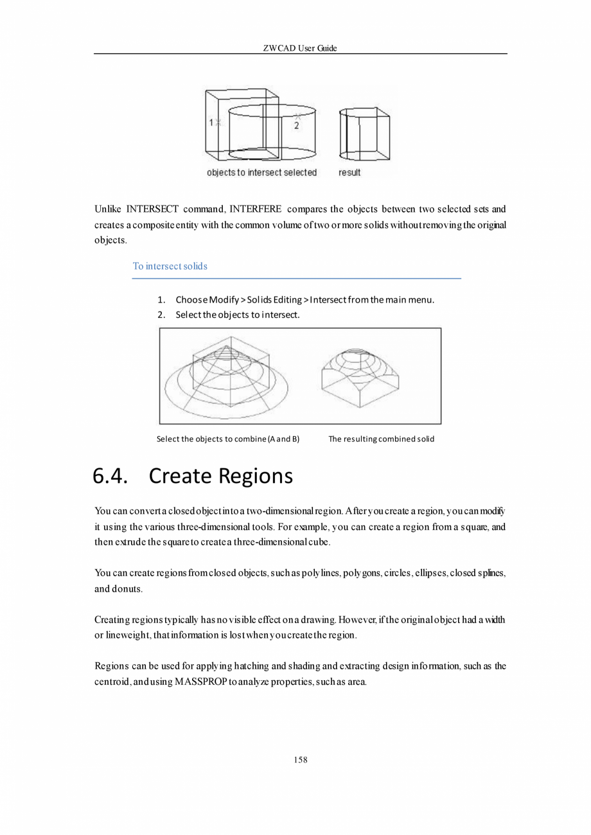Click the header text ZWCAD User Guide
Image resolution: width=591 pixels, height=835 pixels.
(x=300, y=48)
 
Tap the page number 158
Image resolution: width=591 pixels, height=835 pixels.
(x=300, y=760)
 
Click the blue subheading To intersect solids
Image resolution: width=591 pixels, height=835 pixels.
(x=170, y=266)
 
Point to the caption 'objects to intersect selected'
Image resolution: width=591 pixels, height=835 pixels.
(x=261, y=173)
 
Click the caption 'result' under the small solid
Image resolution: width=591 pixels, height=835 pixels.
(x=349, y=173)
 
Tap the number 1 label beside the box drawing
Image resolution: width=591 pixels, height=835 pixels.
(x=211, y=122)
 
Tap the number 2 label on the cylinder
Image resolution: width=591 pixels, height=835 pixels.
(x=296, y=127)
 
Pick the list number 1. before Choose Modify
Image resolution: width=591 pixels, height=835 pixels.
(x=162, y=301)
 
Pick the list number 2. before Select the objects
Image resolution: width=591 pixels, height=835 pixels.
(x=162, y=315)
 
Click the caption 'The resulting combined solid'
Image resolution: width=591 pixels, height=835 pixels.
(x=381, y=439)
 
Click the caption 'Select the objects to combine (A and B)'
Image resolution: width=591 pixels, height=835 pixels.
(x=228, y=439)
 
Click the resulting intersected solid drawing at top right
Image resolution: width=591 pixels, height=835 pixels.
(x=364, y=134)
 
